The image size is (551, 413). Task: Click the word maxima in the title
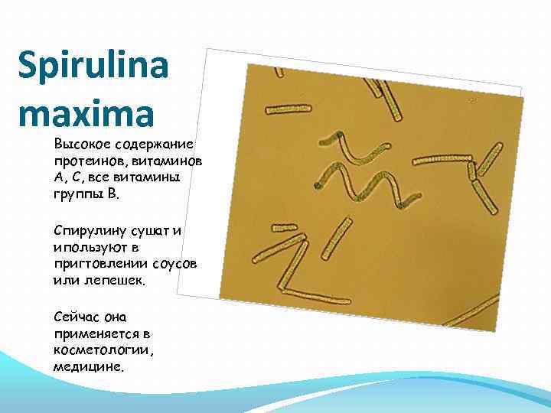85,115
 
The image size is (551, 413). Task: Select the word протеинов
85,161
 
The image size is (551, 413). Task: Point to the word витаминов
162,161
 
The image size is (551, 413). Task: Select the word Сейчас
76,315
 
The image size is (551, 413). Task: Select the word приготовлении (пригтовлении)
97,264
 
